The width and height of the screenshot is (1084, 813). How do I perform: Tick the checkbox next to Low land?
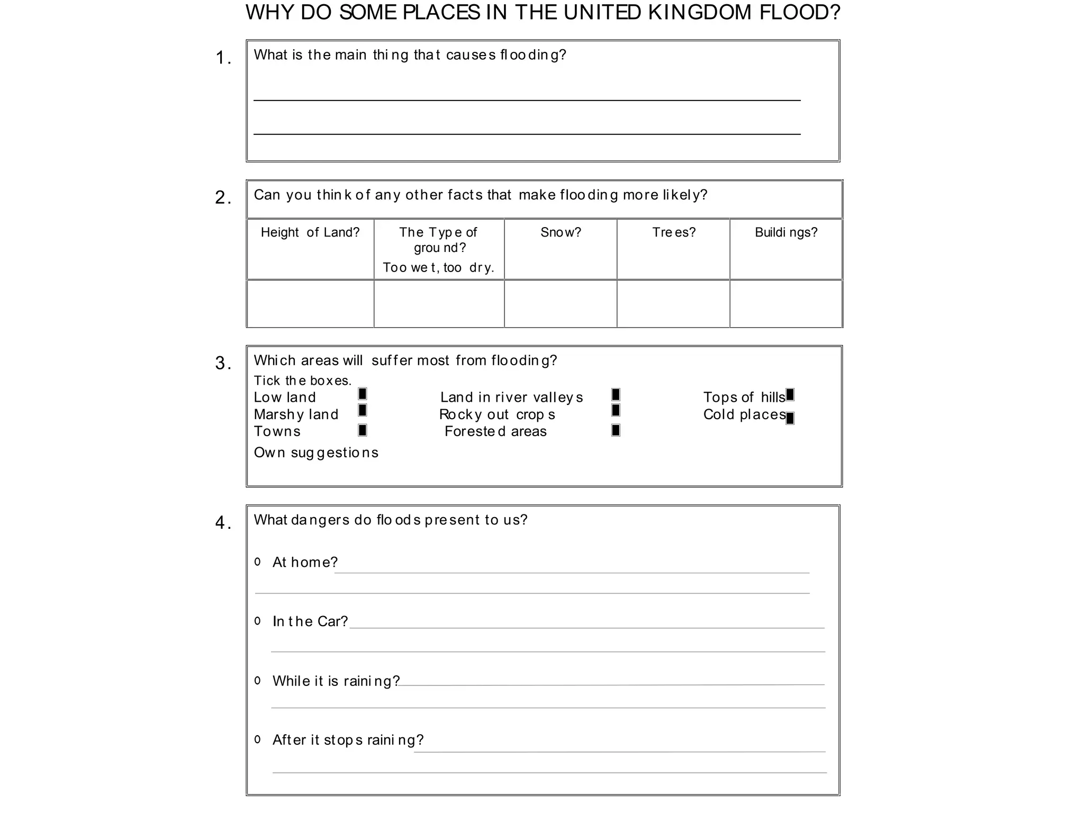click(x=363, y=394)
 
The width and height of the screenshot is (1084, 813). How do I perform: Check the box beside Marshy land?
click(x=363, y=410)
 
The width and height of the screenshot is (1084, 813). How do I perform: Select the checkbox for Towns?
click(x=363, y=430)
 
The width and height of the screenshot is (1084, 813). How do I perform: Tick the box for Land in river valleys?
click(x=616, y=395)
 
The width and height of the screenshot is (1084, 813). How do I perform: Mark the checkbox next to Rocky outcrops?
click(x=616, y=410)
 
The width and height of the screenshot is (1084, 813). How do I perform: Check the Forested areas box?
click(x=616, y=430)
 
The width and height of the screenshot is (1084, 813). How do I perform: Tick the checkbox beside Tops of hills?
click(x=790, y=395)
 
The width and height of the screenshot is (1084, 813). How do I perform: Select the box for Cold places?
click(x=790, y=419)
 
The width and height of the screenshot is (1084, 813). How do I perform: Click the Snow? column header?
click(x=561, y=232)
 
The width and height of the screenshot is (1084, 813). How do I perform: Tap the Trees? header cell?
click(x=673, y=232)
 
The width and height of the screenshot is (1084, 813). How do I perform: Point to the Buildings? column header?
click(x=786, y=232)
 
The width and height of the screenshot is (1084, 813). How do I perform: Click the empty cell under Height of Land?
click(x=311, y=304)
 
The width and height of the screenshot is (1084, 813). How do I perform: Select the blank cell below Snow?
click(x=561, y=304)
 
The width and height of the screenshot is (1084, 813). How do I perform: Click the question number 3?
click(x=223, y=364)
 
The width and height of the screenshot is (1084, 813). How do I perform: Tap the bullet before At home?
click(x=258, y=562)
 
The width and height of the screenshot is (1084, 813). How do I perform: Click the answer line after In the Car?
click(x=586, y=627)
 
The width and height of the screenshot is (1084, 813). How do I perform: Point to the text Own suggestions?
click(x=316, y=453)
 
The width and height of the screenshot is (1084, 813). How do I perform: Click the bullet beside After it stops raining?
click(x=258, y=740)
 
